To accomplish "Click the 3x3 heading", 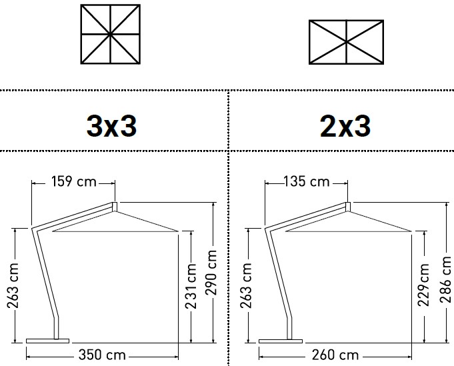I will point(111,125).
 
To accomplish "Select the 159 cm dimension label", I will point(74,181).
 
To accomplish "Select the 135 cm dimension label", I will point(306,181).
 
